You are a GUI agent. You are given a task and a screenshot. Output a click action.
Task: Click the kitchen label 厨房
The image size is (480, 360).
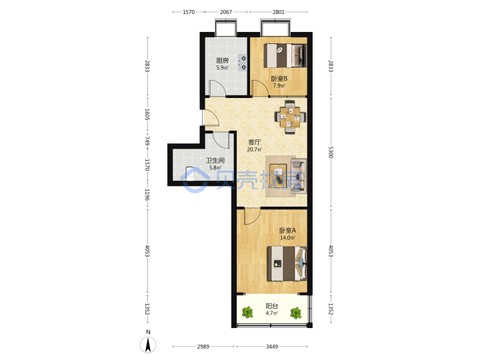pyautogui.click(x=222, y=60)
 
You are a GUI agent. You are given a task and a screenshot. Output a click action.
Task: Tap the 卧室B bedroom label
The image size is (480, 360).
pyautogui.click(x=279, y=79)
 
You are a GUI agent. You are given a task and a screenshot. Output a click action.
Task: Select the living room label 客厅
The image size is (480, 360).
pyautogui.click(x=255, y=142)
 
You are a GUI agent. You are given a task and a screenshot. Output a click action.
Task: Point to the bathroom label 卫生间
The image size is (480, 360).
pyautogui.click(x=215, y=160)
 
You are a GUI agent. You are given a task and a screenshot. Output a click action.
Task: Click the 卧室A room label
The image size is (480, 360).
pyautogui.click(x=287, y=230)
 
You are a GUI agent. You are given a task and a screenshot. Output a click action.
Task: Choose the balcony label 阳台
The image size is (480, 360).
pyautogui.click(x=272, y=305)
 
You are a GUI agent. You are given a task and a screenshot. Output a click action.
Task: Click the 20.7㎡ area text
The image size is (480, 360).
pyautogui.click(x=255, y=149)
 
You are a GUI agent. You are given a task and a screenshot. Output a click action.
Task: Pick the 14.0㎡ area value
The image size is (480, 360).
pyautogui.click(x=287, y=237)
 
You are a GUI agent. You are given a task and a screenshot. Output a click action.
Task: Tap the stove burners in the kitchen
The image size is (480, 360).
pyautogui.click(x=243, y=63)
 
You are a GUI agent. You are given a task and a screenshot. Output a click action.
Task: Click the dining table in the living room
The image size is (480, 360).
pyautogui.click(x=290, y=117)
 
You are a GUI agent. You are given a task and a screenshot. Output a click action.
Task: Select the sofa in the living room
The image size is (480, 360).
pyautogui.click(x=299, y=176)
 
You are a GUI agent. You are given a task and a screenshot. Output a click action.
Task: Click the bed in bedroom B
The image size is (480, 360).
pyautogui.click(x=285, y=55)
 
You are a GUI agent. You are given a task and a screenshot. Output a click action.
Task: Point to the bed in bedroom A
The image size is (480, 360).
pyautogui.click(x=287, y=263)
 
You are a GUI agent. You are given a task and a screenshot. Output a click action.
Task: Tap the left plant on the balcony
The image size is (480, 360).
pyautogui.click(x=247, y=313)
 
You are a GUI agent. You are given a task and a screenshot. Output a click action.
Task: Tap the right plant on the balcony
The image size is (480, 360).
pyautogui.click(x=296, y=313)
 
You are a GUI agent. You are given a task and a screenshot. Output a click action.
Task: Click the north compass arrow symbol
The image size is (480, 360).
pyautogui.click(x=148, y=345)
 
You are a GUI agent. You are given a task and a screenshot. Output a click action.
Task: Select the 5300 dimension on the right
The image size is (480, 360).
pyautogui.click(x=331, y=152)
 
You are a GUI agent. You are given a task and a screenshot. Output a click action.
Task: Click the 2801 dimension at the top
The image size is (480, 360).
pyautogui.click(x=279, y=12)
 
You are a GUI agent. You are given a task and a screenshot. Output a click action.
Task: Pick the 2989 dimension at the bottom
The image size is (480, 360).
pyautogui.click(x=203, y=347)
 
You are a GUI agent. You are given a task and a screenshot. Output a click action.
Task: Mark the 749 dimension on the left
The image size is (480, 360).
pyautogui.click(x=147, y=141)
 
